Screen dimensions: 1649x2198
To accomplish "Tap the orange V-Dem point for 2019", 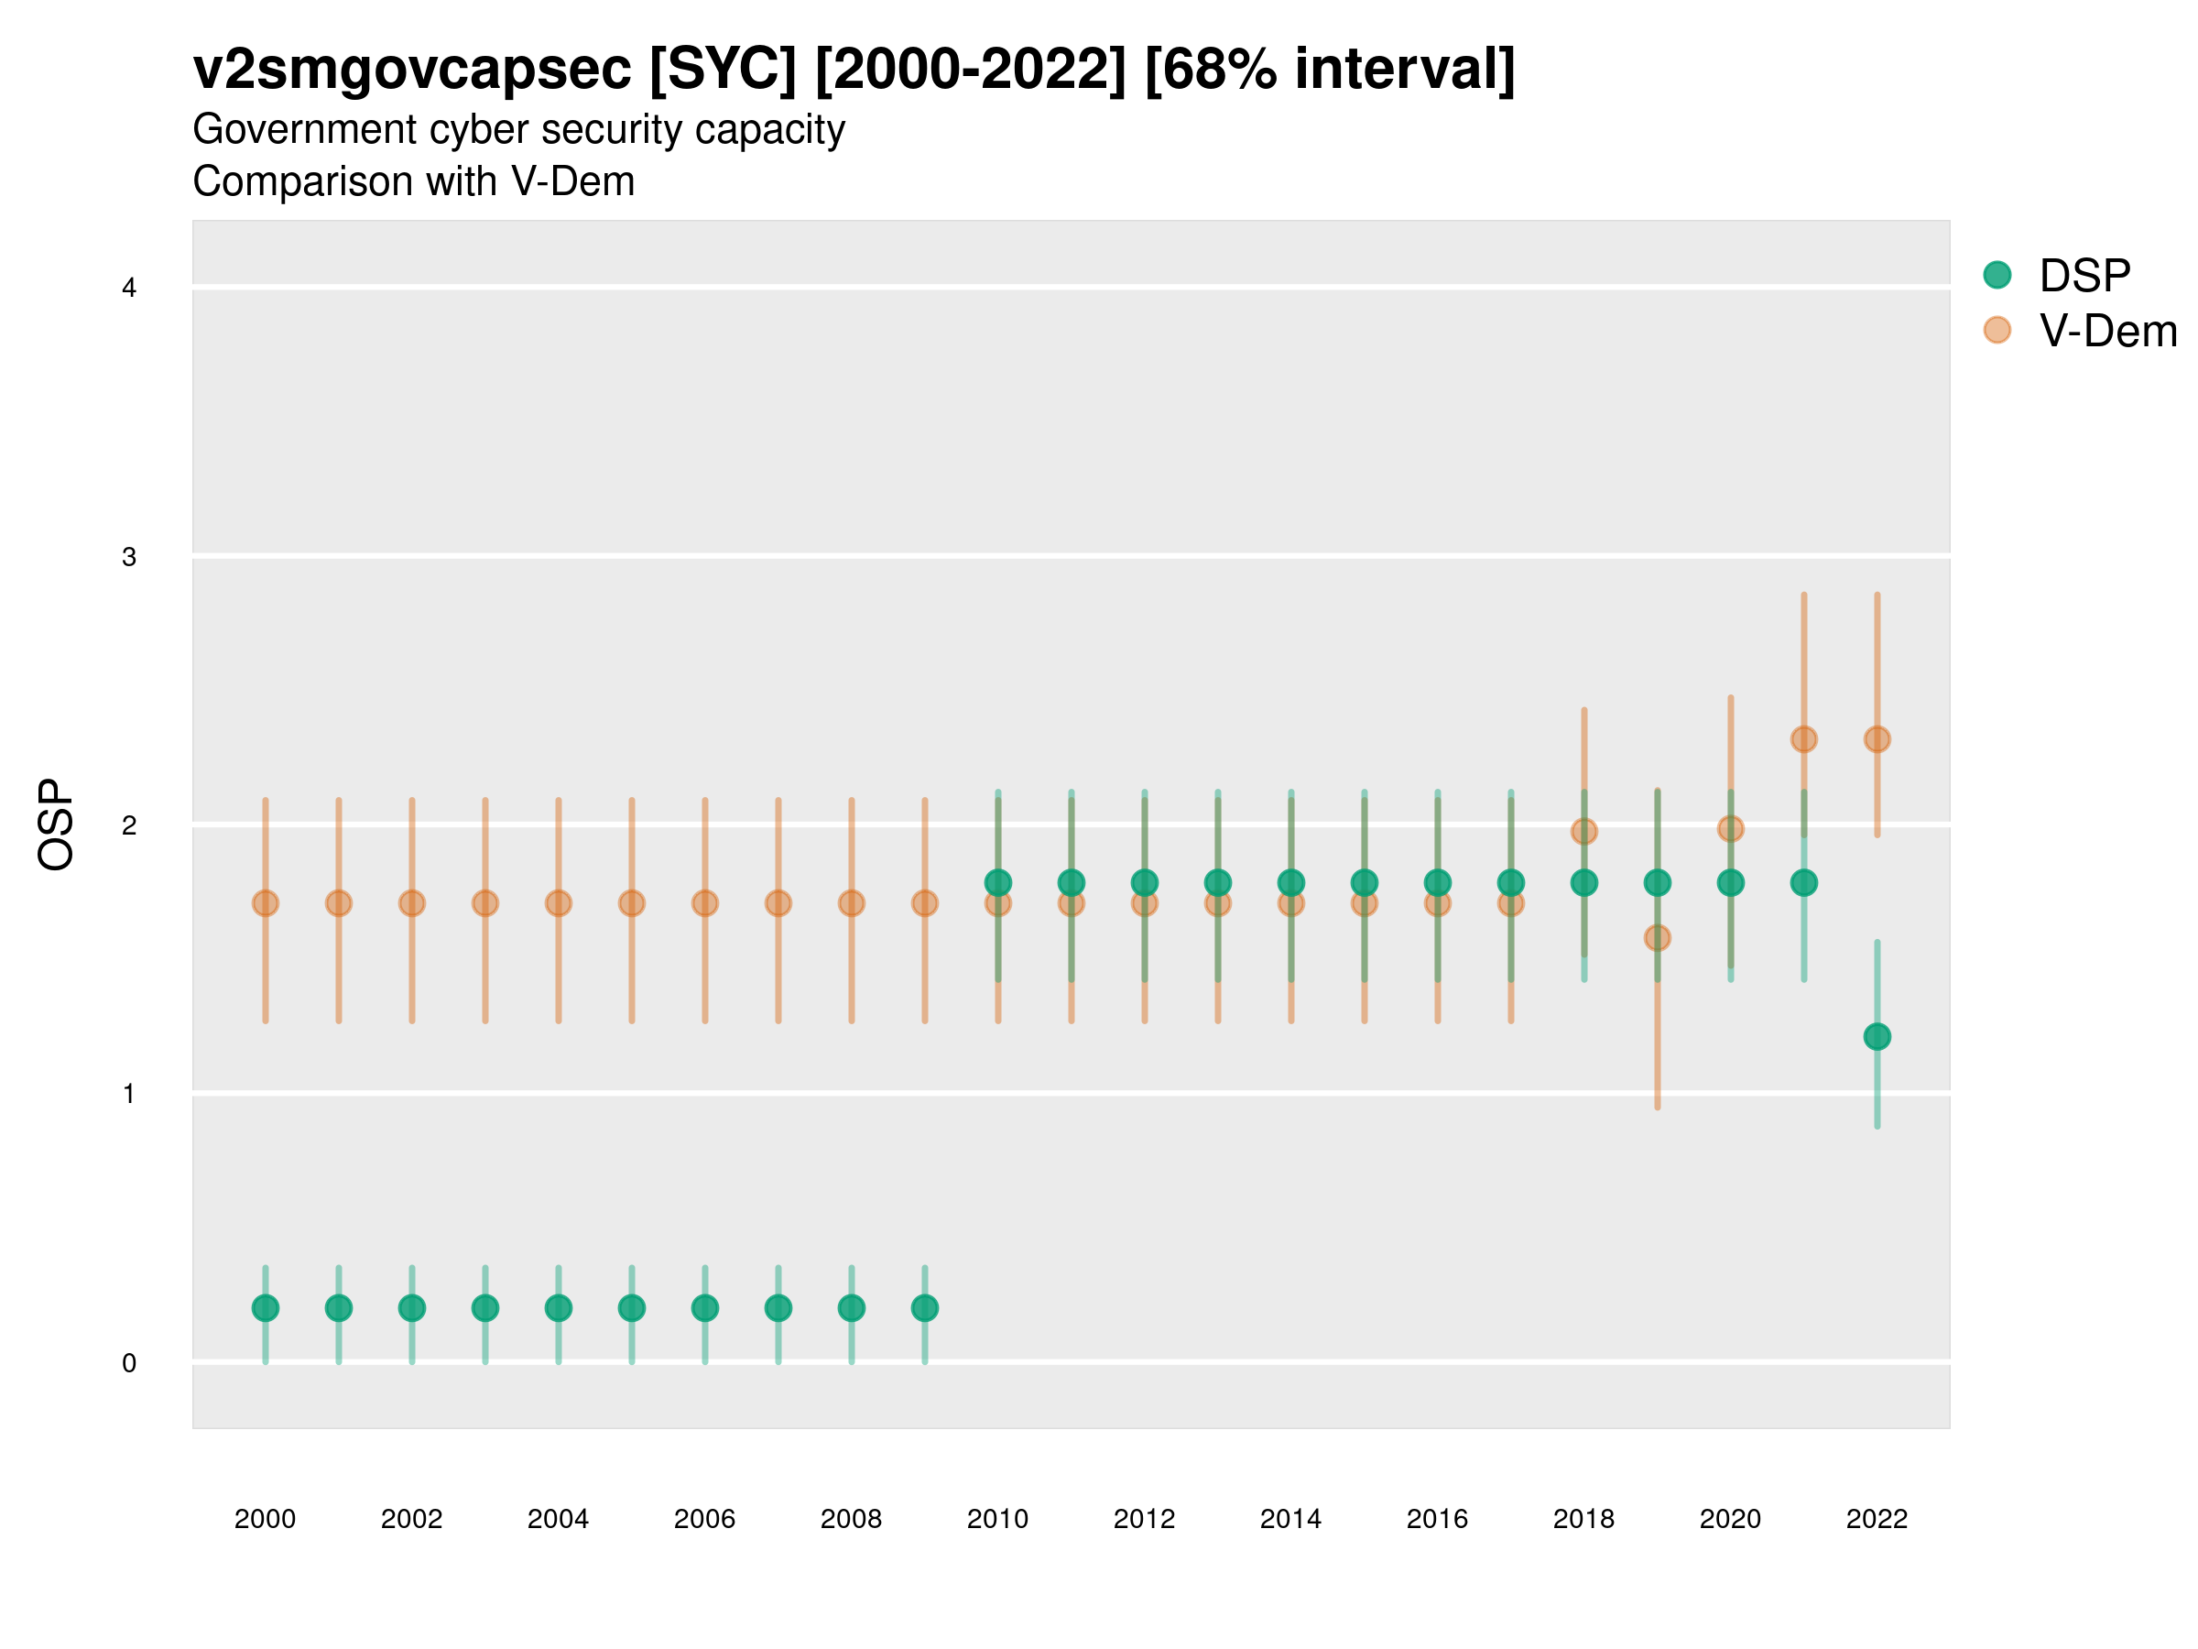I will click(x=1657, y=937).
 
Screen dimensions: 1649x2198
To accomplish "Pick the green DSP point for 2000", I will click(x=266, y=1308).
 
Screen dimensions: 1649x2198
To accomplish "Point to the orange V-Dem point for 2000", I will click(x=266, y=903).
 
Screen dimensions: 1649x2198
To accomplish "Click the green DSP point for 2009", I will click(x=924, y=1308).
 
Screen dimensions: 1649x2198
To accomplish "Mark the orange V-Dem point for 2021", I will click(x=1803, y=739).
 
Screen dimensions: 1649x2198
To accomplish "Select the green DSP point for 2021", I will click(x=1803, y=882).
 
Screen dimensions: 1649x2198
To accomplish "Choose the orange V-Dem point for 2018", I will click(x=1583, y=831).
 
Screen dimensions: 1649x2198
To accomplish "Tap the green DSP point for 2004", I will click(x=559, y=1308).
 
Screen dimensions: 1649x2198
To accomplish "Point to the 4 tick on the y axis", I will click(x=129, y=289).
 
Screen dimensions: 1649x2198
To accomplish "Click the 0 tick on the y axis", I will click(x=129, y=1363).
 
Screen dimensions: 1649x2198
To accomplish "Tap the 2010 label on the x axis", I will click(x=997, y=1519).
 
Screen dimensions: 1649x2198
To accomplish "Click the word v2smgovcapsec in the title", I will click(x=411, y=70).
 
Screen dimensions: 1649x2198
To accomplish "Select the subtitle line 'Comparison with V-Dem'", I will click(x=413, y=182).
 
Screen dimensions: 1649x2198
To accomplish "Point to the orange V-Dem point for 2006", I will click(x=704, y=903).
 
